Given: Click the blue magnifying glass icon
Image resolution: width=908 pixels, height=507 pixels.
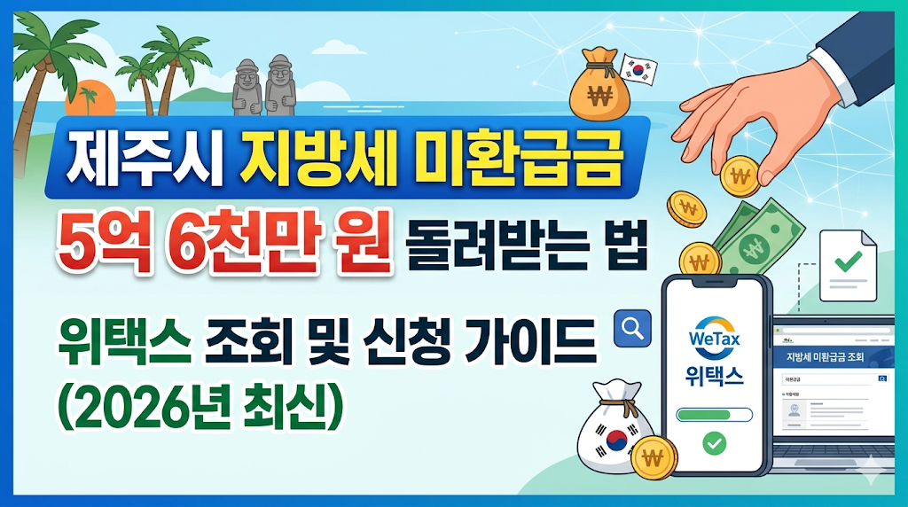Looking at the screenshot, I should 632,327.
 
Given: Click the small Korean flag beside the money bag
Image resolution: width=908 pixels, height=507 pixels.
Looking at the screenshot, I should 638,67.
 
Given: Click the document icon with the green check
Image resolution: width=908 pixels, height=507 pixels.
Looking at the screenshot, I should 848,264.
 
